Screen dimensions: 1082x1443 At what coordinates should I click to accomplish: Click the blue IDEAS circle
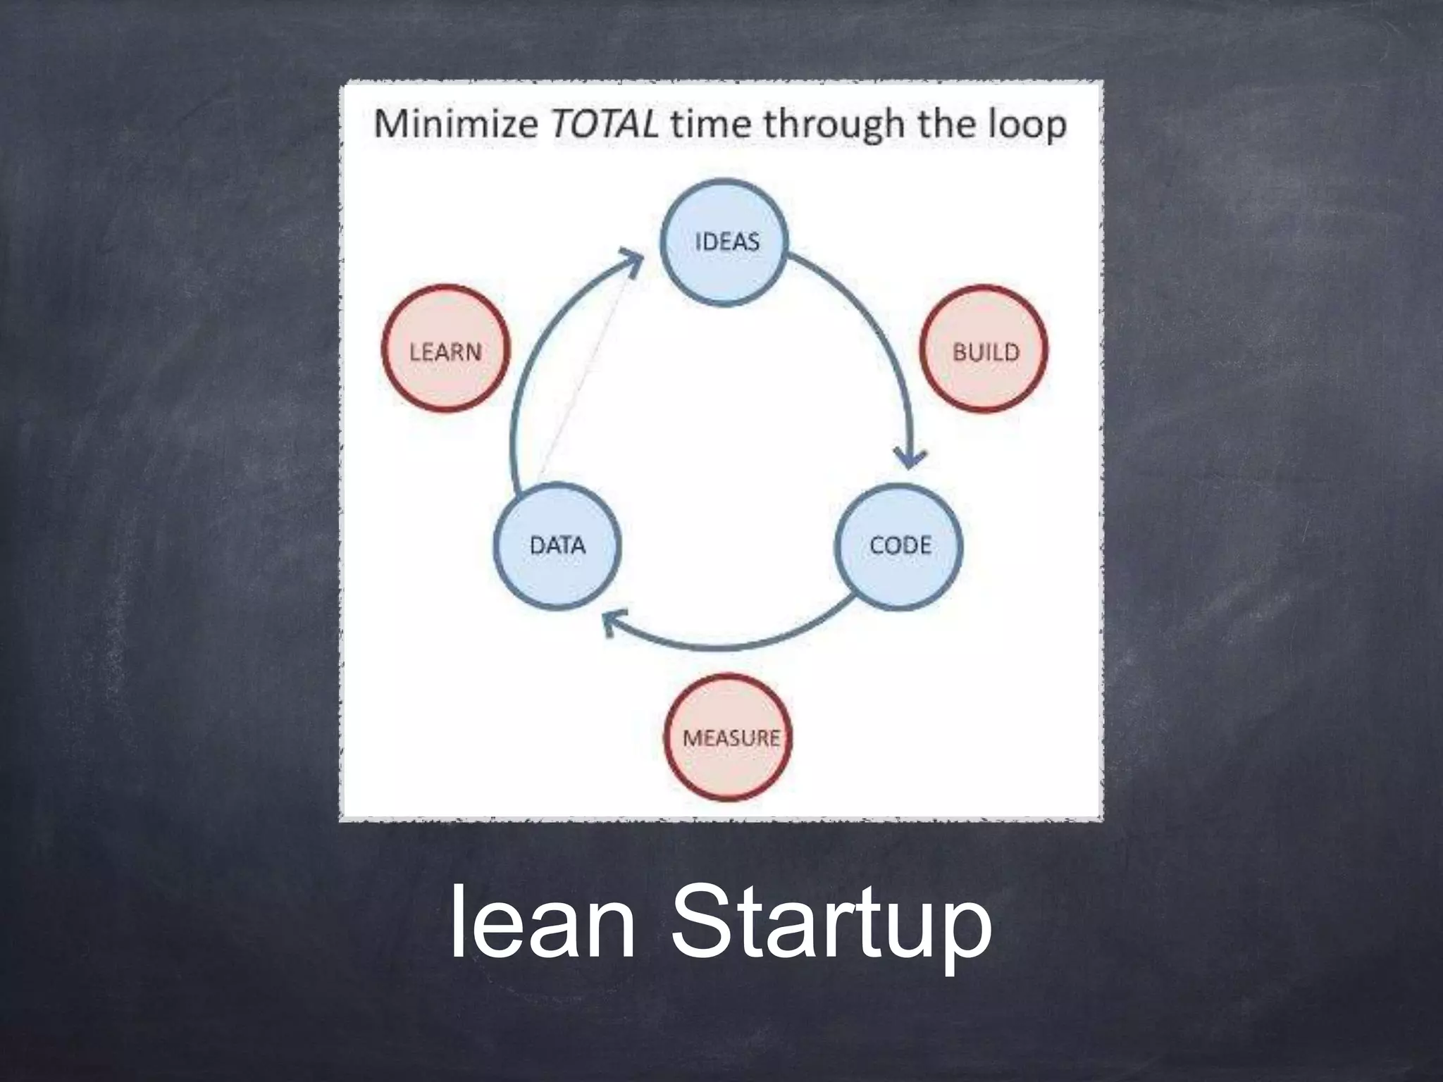point(724,242)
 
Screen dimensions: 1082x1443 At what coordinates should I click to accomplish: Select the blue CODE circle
point(899,546)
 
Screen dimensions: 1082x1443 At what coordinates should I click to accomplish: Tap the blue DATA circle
point(557,546)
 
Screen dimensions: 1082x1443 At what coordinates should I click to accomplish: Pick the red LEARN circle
point(445,349)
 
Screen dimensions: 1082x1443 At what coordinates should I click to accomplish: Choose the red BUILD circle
point(984,349)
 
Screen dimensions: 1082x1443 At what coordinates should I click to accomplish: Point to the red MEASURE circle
point(729,738)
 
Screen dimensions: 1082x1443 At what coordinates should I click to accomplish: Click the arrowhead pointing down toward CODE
point(912,458)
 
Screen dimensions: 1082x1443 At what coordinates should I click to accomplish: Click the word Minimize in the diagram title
point(455,125)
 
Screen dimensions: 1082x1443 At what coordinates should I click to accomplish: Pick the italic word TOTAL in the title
point(604,125)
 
